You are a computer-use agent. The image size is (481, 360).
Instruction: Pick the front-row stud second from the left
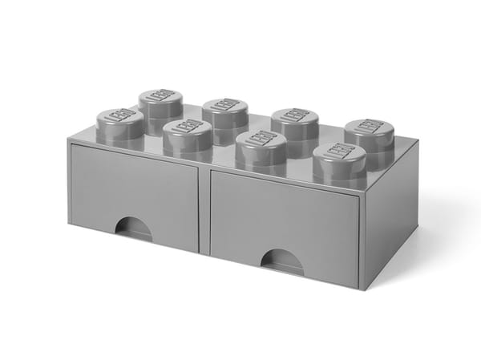click(187, 136)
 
